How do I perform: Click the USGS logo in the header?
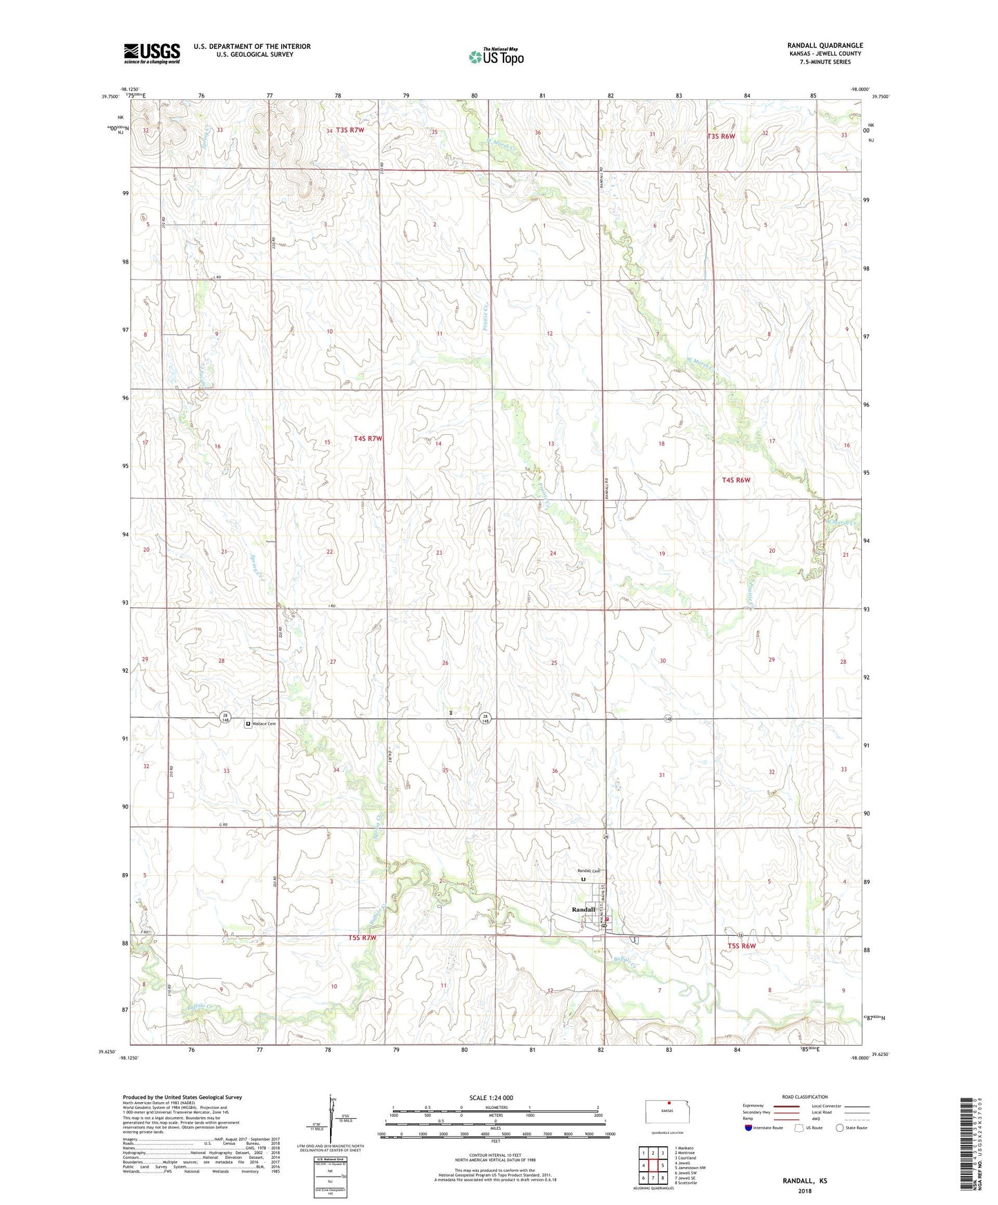152,53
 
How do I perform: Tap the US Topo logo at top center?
496,57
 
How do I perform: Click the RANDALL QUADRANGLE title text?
825,46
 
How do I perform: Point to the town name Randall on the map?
583,910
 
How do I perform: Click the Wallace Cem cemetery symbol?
248,723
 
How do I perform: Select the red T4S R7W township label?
367,438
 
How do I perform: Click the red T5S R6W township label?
742,946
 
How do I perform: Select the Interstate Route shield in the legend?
748,1128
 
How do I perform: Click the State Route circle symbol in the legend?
840,1128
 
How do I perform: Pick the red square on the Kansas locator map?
669,1102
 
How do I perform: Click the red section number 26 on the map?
445,663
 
